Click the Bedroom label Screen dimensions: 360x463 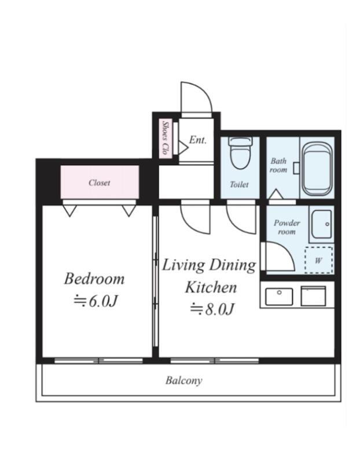[94, 279]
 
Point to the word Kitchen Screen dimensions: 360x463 [211, 287]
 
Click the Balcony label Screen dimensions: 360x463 [183, 380]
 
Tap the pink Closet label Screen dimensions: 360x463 [100, 182]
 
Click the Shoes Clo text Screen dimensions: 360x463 [166, 138]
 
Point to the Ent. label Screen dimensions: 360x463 [197, 139]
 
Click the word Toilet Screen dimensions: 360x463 [239, 185]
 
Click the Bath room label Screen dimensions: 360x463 [278, 166]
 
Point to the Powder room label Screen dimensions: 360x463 [286, 227]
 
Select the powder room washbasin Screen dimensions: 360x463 [322, 224]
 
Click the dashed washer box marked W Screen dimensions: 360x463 [319, 260]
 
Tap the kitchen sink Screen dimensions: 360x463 [279, 296]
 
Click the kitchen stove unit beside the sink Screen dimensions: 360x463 [313, 296]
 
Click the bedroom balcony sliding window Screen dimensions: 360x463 [98, 361]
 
